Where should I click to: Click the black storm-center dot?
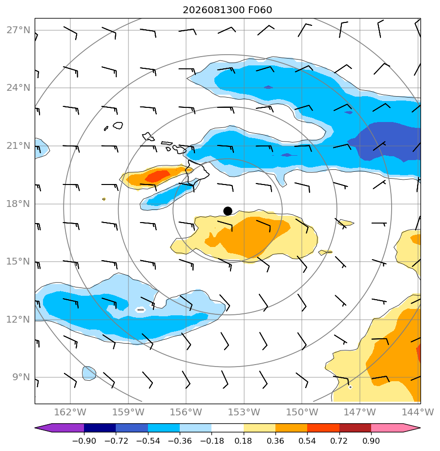[x=228, y=211]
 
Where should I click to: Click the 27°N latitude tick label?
[x=18, y=30]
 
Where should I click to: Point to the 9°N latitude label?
[x=21, y=377]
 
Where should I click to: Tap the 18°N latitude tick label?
[x=18, y=204]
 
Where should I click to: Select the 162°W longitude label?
[x=70, y=412]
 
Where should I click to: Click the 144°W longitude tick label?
[x=418, y=412]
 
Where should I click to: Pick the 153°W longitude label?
[x=244, y=412]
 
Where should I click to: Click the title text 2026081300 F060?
[x=228, y=10]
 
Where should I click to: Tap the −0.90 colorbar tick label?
[x=84, y=441]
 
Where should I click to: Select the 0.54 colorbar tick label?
[x=307, y=441]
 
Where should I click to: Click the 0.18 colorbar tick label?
[x=244, y=441]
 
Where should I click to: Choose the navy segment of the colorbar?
[x=100, y=428]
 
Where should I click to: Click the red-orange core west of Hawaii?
[x=157, y=176]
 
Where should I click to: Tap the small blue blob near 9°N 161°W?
[x=89, y=373]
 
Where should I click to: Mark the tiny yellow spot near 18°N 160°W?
[x=104, y=199]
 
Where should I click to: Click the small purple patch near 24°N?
[x=268, y=87]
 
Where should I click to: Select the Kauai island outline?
[x=118, y=125]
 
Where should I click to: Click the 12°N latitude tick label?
[x=18, y=319]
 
